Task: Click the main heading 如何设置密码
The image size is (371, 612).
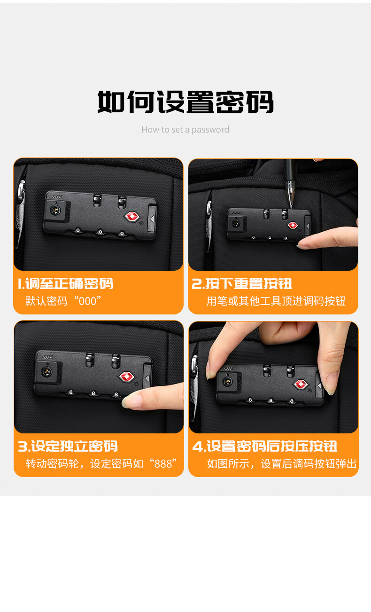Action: pos(185,102)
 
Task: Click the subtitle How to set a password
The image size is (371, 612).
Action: pos(185,130)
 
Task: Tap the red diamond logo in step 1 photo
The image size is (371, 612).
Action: pos(132,217)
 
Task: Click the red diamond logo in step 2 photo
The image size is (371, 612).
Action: pos(293,225)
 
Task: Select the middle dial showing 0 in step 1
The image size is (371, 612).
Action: pos(100,232)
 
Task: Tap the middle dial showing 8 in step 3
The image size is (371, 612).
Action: pos(93,393)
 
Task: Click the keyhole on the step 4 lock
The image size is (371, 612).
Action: pos(226,381)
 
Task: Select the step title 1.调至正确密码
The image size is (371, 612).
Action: pos(66,283)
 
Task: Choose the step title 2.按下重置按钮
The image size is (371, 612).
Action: pos(242,283)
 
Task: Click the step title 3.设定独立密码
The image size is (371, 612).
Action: pos(68,446)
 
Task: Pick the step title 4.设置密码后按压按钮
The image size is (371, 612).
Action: pos(265,446)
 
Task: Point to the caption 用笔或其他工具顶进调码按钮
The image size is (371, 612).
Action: pos(276,301)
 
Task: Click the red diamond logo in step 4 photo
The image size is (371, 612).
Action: pos(301,384)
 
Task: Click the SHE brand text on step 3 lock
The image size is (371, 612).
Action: pos(47,357)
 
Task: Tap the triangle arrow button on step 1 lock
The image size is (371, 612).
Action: pos(152,218)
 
